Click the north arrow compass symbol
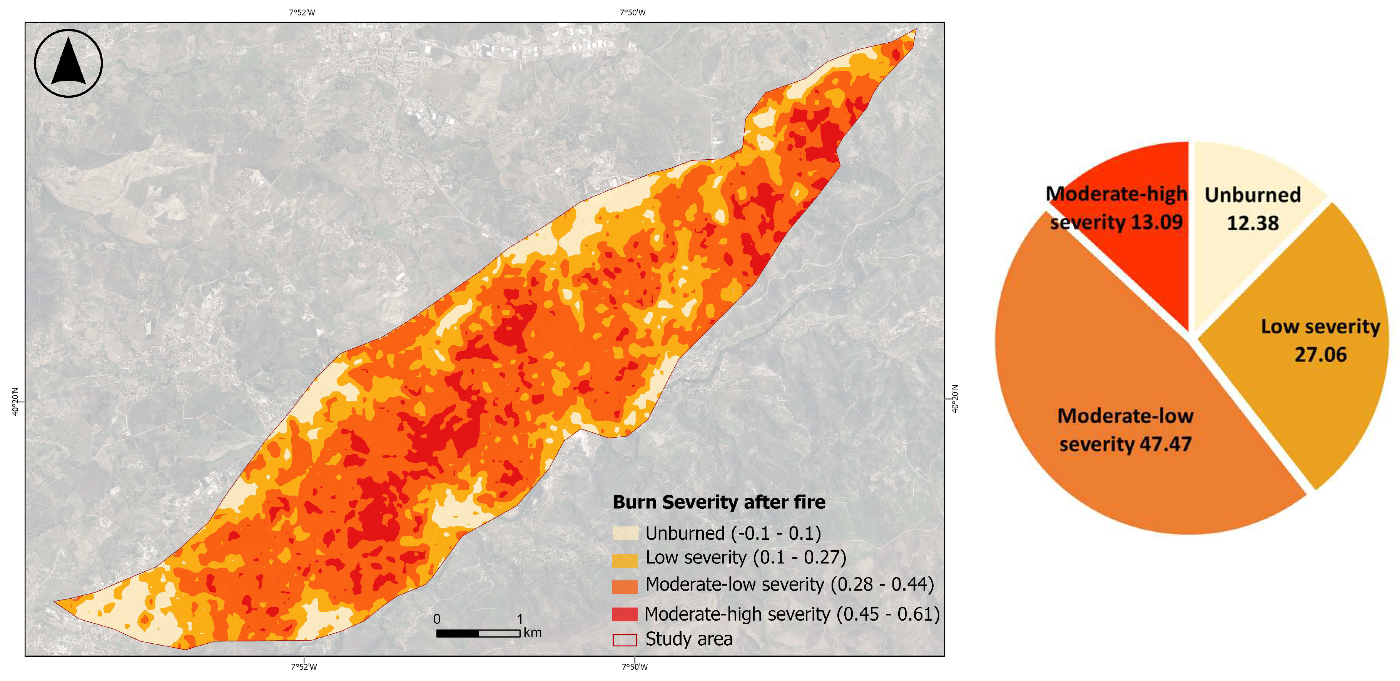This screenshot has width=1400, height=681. pos(68,63)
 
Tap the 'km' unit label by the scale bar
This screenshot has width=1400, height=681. pos(533,632)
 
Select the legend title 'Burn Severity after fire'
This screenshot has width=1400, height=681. pos(718,502)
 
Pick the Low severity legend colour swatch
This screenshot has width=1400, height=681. pos(625,559)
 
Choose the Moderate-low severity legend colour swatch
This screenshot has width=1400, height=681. pos(625,586)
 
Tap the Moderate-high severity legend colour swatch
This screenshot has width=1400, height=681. pos(625,614)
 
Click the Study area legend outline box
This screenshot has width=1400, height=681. pos(625,640)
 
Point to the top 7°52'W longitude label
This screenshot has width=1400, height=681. pos(302,12)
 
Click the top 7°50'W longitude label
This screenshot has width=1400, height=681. pos(633,12)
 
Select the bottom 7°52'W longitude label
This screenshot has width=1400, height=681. pos(304,667)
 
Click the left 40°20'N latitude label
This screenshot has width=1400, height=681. pos(15,402)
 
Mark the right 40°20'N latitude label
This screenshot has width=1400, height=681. pos(955,399)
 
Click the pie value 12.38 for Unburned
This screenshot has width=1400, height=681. pos(1253,223)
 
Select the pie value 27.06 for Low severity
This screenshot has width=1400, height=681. pos(1321,355)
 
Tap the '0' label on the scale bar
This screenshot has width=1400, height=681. pos(437,619)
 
